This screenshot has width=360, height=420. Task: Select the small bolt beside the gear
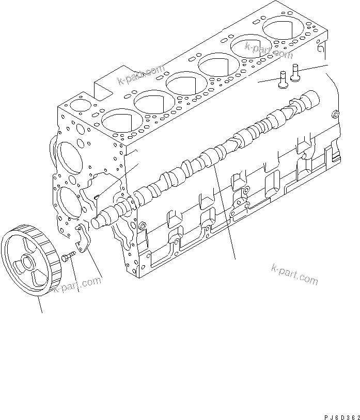[x=67, y=255]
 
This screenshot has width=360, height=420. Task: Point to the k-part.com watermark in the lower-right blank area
[x=294, y=274]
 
